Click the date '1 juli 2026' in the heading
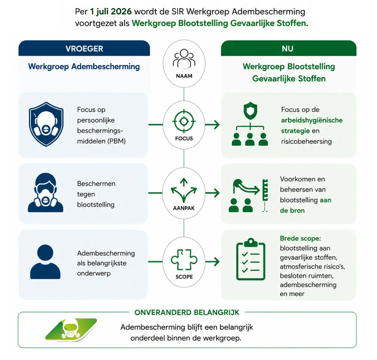point(111,11)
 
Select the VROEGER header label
point(84,49)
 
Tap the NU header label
point(288,49)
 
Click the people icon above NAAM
point(184,58)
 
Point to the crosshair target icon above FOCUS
point(184,121)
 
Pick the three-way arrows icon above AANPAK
point(184,190)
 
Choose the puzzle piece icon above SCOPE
point(184,260)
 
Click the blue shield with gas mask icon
point(46,124)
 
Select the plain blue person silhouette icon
point(45,262)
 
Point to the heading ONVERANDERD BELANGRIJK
point(187,312)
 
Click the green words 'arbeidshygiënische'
point(312,120)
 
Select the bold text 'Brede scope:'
point(300,238)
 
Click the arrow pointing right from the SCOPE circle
point(213,262)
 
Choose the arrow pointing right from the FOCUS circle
point(213,125)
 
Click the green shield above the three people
point(250,111)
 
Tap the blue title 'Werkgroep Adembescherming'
point(84,67)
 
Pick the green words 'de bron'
point(292,211)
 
